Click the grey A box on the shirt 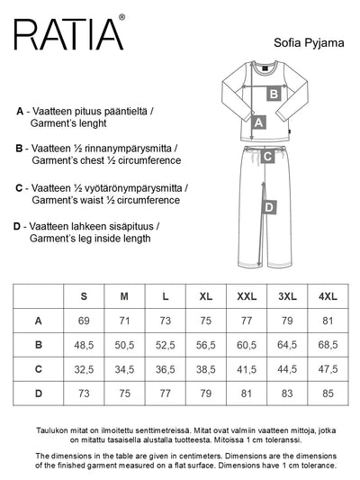point(259,122)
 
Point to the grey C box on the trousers point(266,157)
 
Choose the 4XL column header point(327,296)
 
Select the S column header point(85,296)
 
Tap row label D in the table point(38,393)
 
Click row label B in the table point(38,344)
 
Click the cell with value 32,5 point(85,368)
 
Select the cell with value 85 point(327,393)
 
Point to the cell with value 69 point(85,321)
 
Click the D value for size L point(165,393)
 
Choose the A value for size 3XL point(287,321)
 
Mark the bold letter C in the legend point(20,188)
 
